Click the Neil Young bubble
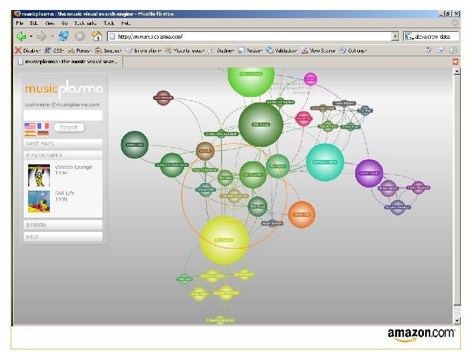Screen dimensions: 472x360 tap(260, 124)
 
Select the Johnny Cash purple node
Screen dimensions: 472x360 tap(368, 173)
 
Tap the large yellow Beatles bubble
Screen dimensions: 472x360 tap(224, 240)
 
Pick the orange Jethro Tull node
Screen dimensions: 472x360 tap(302, 214)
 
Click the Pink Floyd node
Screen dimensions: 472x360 tap(258, 206)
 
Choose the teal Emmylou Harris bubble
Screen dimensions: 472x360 tap(325, 162)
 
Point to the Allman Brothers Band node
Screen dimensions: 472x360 tap(172, 165)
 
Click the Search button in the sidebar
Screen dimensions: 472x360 tap(69, 127)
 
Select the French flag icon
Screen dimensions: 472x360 tap(43, 126)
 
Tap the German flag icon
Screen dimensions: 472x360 tap(43, 133)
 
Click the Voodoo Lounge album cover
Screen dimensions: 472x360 tap(39, 174)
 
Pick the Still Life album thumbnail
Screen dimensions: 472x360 tap(39, 201)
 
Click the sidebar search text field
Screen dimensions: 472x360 tap(62, 115)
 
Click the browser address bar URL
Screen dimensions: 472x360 tap(250, 36)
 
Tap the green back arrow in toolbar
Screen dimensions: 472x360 tap(21, 36)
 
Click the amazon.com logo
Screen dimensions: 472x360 tap(421, 335)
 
